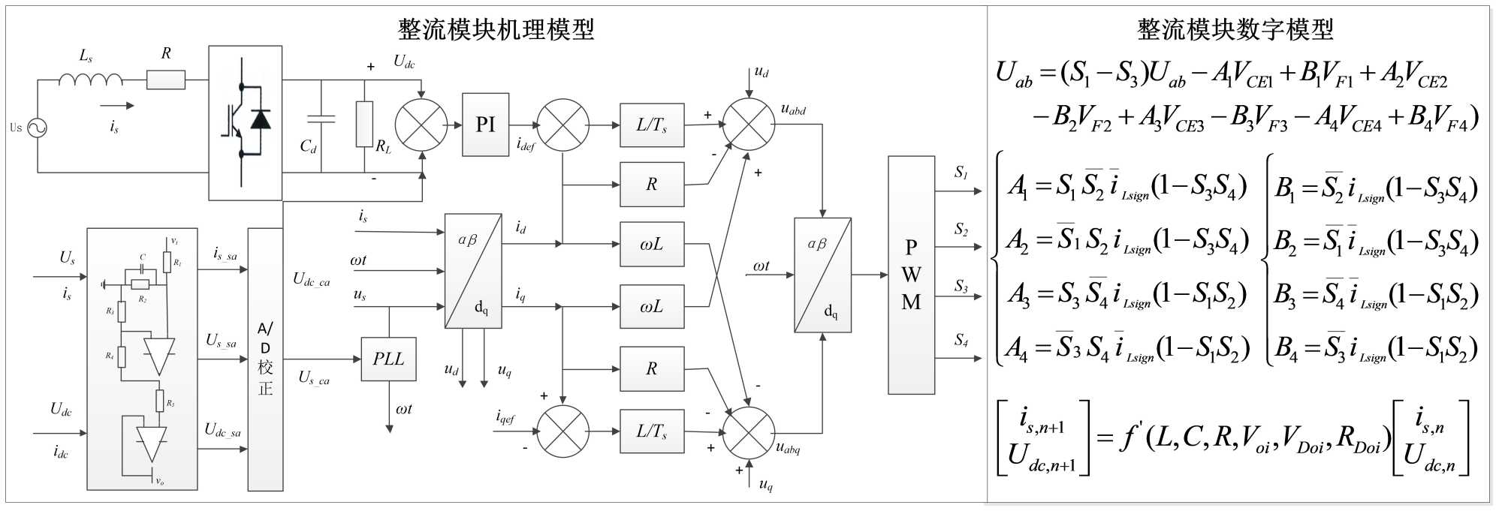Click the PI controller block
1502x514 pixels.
485,125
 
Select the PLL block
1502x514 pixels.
388,359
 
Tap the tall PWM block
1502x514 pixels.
911,275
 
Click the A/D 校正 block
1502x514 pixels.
265,359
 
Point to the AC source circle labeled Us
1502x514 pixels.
37,128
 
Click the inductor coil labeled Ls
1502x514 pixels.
90,79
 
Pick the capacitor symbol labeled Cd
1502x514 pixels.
321,119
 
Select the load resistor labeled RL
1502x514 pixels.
364,124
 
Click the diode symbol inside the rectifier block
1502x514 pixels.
261,119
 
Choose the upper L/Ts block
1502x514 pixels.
652,125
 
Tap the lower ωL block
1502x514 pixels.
652,306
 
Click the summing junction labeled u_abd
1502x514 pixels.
749,125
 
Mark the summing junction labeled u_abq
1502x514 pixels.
749,433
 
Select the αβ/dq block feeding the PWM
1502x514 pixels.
822,275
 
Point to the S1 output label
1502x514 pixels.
961,173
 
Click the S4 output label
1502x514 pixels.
961,340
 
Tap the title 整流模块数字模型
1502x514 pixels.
1235,30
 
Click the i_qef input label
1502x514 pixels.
505,416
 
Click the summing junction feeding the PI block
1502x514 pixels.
421,125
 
